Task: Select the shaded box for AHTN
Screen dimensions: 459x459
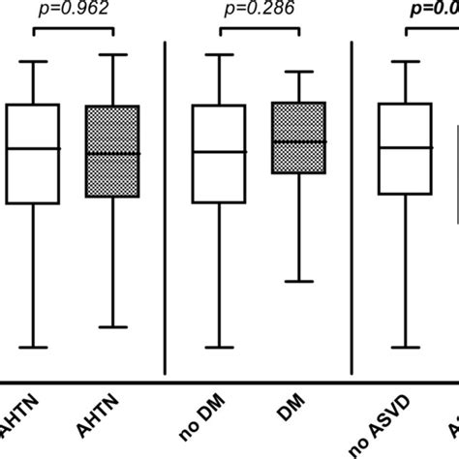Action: pos(113,151)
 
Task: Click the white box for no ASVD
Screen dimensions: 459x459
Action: pos(405,149)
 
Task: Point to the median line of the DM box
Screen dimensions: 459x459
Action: pos(299,141)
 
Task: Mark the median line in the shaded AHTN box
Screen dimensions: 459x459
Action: pos(113,153)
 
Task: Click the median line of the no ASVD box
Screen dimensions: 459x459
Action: pos(405,147)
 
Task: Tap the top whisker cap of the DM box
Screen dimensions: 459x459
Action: pos(299,71)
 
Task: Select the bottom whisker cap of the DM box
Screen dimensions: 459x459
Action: pos(299,282)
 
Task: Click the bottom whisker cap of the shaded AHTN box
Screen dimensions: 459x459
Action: pos(113,327)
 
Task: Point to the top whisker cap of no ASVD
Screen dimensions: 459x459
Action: pos(405,62)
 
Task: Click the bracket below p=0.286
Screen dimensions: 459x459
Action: pos(260,31)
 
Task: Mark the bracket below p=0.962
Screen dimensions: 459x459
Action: pos(74,31)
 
